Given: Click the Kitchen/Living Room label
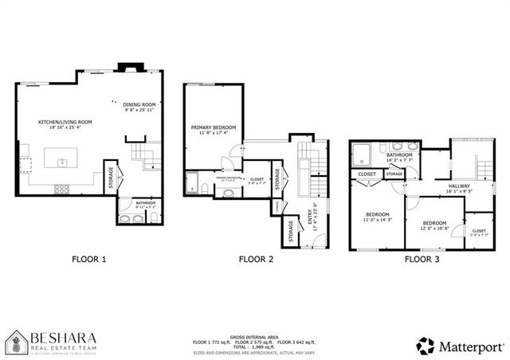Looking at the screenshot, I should coord(65,122).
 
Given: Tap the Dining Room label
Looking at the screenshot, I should coord(139,104).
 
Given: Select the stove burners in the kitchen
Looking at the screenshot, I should coord(61,189).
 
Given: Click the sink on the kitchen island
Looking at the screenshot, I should coord(62,162).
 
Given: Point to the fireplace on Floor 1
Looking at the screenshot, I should coord(126,68).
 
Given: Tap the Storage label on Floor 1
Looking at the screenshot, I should coord(111,178).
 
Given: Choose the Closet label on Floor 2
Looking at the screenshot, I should coord(257,180).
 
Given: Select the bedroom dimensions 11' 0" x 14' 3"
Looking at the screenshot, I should coord(378,220).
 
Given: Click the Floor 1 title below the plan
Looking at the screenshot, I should coord(88,259).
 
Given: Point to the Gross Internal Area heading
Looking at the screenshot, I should coord(255,336).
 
